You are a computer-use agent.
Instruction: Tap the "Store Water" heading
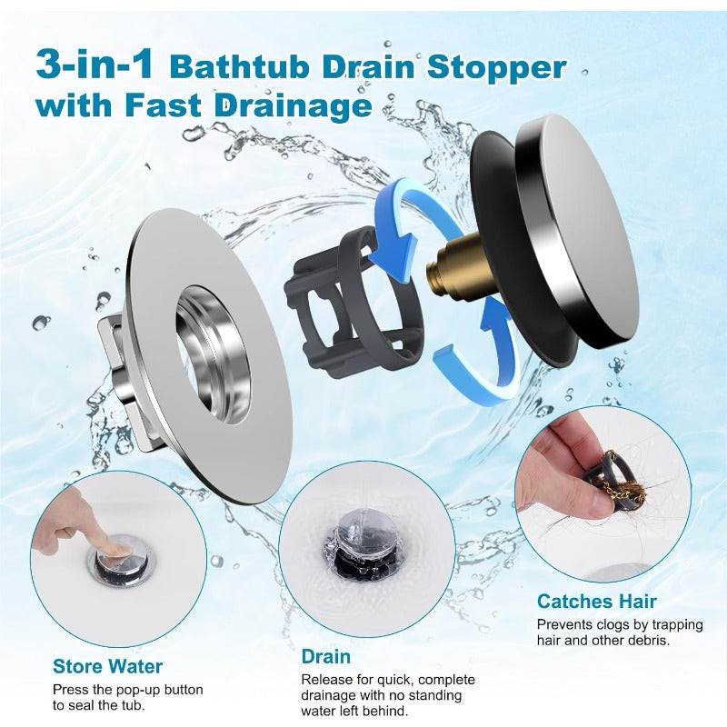coord(107,666)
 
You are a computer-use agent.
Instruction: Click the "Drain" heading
coord(325,656)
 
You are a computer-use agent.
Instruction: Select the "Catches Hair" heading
coord(596,601)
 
